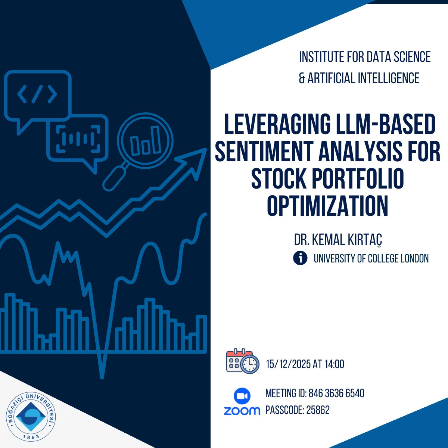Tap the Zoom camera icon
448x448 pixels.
[242, 396]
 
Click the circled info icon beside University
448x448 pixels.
[300, 258]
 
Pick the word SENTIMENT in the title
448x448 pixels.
[265, 151]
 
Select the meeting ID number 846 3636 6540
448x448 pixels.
[336, 393]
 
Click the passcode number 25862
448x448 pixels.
[318, 410]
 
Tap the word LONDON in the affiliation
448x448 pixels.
[414, 258]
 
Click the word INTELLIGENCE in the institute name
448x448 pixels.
[389, 78]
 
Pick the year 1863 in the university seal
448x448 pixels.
[31, 436]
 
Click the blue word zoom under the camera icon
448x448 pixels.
[242, 411]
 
